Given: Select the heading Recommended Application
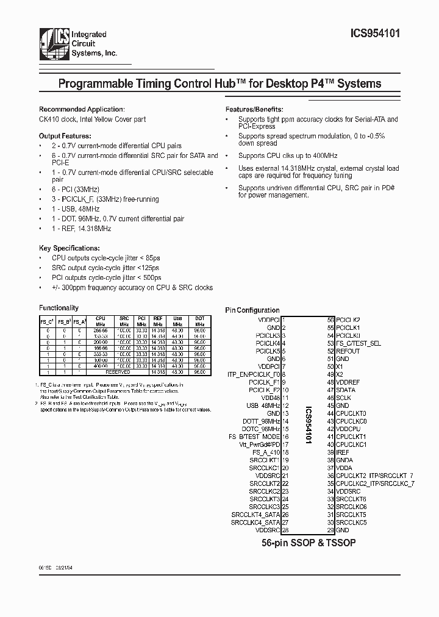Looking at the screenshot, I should click(x=82, y=109).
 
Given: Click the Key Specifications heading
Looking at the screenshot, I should click(x=69, y=249).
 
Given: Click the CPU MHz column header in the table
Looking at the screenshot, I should click(x=101, y=321).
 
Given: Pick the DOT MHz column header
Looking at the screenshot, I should click(x=199, y=321).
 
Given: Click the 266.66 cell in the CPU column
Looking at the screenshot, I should click(x=101, y=329).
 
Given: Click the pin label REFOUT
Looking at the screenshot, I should click(x=348, y=351).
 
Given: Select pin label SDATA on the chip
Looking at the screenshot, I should click(x=345, y=390).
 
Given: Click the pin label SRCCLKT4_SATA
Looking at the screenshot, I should click(x=255, y=514).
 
